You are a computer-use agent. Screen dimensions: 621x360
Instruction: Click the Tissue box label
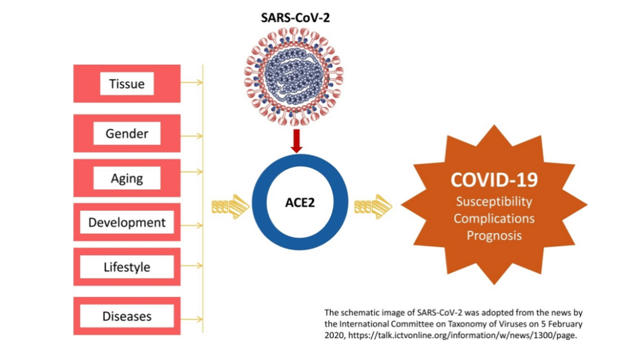127,84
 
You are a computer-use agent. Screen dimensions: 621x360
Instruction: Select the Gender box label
127,134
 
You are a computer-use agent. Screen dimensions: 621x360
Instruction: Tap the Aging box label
127,178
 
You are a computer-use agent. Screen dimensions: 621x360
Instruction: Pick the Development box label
127,222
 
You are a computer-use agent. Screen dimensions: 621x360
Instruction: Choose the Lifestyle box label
127,267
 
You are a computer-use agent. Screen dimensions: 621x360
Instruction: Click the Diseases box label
127,316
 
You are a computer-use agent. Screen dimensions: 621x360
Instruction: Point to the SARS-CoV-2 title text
295,18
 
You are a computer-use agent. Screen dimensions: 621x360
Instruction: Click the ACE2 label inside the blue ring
300,202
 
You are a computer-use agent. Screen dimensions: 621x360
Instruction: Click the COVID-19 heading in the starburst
494,179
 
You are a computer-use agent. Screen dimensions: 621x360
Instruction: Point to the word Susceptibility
494,202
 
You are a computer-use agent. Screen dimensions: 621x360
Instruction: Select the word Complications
494,218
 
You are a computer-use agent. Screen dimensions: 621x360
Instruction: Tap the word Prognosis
494,236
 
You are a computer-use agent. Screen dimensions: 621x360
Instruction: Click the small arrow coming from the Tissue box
192,82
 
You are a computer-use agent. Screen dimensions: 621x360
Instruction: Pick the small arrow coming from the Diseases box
192,319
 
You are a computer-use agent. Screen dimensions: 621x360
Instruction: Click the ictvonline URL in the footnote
463,336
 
